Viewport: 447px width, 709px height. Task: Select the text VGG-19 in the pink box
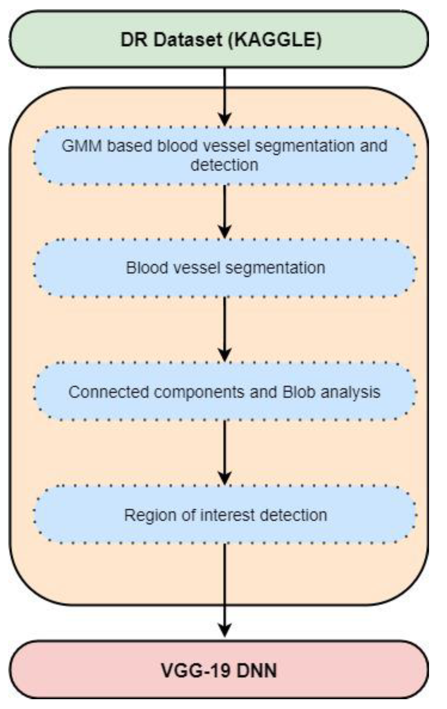pos(196,670)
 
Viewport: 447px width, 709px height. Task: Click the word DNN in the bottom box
pos(257,670)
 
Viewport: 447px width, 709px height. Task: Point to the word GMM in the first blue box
pos(82,146)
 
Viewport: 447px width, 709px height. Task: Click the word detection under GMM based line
pos(224,165)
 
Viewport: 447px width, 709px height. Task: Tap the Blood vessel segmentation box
pos(225,268)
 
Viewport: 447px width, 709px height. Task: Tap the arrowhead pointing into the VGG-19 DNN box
pos(225,629)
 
